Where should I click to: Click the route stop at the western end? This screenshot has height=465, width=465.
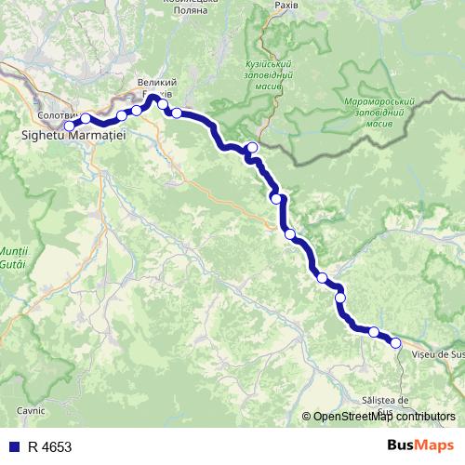(x=69, y=126)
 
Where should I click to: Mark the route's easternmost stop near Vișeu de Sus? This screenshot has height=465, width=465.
(x=395, y=343)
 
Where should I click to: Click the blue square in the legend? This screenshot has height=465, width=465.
(x=13, y=446)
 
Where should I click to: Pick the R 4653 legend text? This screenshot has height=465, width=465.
(x=50, y=446)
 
